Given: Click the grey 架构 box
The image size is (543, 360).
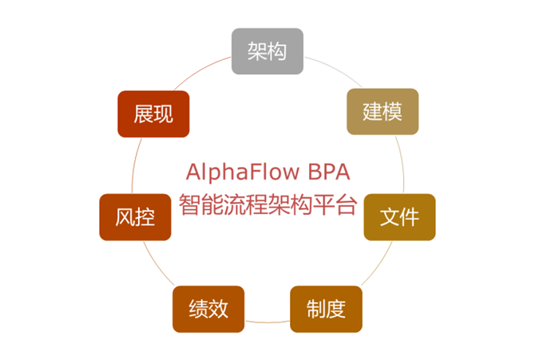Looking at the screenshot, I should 268,51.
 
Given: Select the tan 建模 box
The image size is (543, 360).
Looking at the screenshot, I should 382,112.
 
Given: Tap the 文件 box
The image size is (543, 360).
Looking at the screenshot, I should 399,217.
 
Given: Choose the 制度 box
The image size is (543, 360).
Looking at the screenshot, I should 326,308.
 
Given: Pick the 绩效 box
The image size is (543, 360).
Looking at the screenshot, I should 208,308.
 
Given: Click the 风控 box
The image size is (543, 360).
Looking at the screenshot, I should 135,217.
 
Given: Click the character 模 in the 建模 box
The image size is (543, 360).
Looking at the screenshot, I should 392,112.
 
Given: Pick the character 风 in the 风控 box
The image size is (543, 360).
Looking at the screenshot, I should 125,217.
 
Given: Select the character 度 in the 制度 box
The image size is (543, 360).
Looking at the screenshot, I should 335,308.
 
